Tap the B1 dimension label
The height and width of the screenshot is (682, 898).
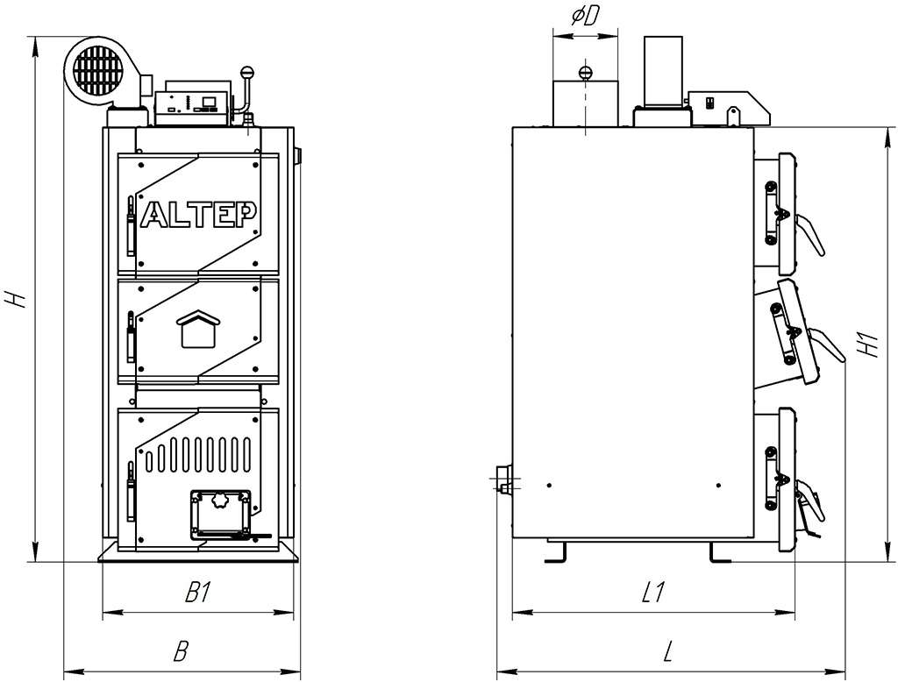point(198,593)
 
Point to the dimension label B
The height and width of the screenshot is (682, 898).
point(181,651)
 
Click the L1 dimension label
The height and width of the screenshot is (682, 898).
point(651,593)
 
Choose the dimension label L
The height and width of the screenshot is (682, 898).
point(668,651)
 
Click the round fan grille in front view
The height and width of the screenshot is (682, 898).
point(97,67)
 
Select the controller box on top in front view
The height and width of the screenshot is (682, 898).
point(192,106)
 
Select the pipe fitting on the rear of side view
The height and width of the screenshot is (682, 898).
point(502,480)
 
